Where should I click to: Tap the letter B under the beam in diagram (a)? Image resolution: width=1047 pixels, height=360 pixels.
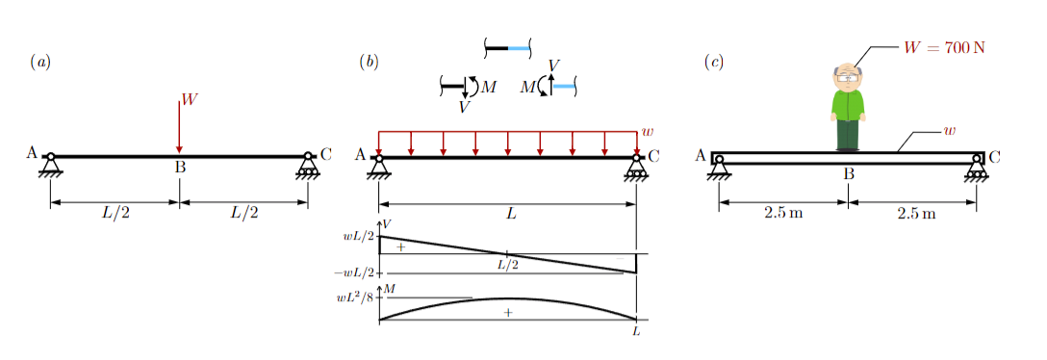(x=179, y=167)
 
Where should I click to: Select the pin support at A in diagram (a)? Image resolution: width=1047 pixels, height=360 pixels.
(x=50, y=165)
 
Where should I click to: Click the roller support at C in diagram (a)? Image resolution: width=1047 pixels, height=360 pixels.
(x=308, y=166)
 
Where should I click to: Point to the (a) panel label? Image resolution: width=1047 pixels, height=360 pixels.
(x=40, y=63)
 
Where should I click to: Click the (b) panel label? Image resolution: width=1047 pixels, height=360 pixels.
(x=369, y=63)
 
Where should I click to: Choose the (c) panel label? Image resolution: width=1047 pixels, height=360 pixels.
(x=714, y=63)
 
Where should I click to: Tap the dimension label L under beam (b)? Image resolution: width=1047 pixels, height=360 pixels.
(x=511, y=215)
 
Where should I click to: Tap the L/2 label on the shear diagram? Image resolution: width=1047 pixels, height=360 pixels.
(x=507, y=265)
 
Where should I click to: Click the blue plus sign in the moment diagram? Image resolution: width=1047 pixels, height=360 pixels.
(x=507, y=312)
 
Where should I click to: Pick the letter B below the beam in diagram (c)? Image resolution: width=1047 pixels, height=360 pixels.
(x=849, y=174)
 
